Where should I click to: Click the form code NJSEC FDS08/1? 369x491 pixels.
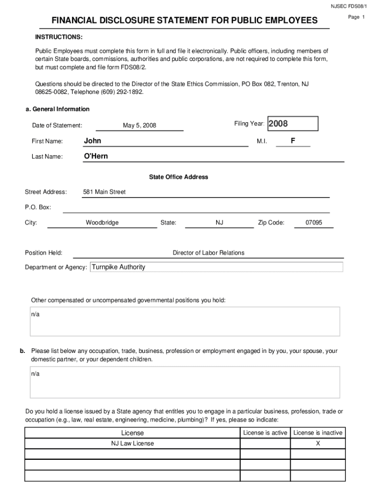pyautogui.click(x=348, y=6)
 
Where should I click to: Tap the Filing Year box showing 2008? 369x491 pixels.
pyautogui.click(x=292, y=124)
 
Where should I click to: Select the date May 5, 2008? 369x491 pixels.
pyautogui.click(x=139, y=126)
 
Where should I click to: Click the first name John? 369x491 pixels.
pyautogui.click(x=92, y=141)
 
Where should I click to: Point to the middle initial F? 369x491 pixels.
pyautogui.click(x=293, y=141)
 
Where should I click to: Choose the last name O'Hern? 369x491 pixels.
pyautogui.click(x=96, y=156)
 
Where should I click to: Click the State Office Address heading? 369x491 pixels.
pyautogui.click(x=178, y=177)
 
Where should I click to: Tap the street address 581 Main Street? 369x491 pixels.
pyautogui.click(x=104, y=192)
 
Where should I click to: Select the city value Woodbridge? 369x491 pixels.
pyautogui.click(x=102, y=222)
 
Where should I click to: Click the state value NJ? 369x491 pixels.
pyautogui.click(x=219, y=222)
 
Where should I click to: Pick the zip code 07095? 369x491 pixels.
pyautogui.click(x=314, y=222)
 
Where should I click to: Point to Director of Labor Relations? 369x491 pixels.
pyautogui.click(x=208, y=253)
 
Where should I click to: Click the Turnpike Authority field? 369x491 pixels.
pyautogui.click(x=216, y=267)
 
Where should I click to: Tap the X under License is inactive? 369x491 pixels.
pyautogui.click(x=318, y=444)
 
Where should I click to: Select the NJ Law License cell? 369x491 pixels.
pyautogui.click(x=133, y=444)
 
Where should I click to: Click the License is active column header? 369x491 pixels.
pyautogui.click(x=265, y=433)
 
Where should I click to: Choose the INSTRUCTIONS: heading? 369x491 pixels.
pyautogui.click(x=58, y=37)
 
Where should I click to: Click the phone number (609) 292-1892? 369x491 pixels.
pyautogui.click(x=120, y=92)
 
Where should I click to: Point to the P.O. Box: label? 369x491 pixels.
pyautogui.click(x=38, y=207)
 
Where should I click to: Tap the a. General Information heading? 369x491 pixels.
pyautogui.click(x=57, y=109)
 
